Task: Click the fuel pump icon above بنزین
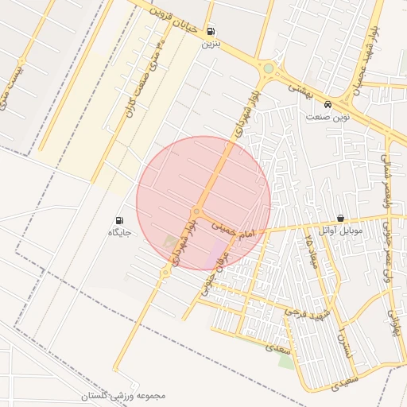(211, 32)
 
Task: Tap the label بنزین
(209, 44)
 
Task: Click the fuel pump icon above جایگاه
(119, 220)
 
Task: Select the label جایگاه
(119, 233)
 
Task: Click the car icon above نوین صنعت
(328, 104)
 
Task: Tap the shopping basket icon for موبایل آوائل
(341, 219)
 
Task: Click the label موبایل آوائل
(341, 231)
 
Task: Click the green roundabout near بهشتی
(269, 68)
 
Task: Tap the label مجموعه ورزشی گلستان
(123, 395)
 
